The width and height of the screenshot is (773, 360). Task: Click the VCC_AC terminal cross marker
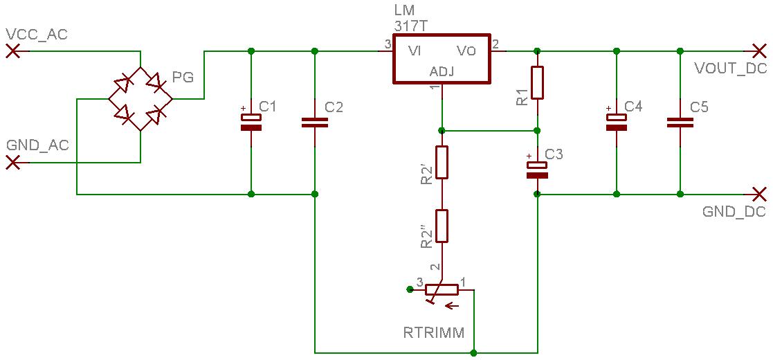click(x=12, y=51)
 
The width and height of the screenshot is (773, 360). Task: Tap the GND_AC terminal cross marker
click(x=12, y=163)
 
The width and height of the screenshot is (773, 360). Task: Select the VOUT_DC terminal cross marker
click(x=759, y=51)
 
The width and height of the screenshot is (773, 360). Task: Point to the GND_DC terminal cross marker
click(x=759, y=194)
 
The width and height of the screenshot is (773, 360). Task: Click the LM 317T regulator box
click(x=442, y=59)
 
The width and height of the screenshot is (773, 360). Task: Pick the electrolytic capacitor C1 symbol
click(x=251, y=123)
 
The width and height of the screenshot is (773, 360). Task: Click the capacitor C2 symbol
click(x=315, y=123)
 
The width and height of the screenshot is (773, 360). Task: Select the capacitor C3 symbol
click(x=537, y=170)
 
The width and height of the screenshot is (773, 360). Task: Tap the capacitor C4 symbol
click(x=616, y=123)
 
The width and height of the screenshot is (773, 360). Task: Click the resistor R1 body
click(x=537, y=82)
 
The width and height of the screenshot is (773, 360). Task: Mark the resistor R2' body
click(x=442, y=162)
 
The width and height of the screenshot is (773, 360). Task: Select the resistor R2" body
click(x=442, y=226)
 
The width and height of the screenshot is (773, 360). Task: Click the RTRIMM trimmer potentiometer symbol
click(x=442, y=290)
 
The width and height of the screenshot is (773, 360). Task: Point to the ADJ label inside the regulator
click(x=442, y=72)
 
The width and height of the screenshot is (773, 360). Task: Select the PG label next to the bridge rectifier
click(x=183, y=78)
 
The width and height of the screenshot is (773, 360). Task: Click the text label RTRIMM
click(x=434, y=332)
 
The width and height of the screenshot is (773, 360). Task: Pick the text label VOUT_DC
click(x=729, y=69)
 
